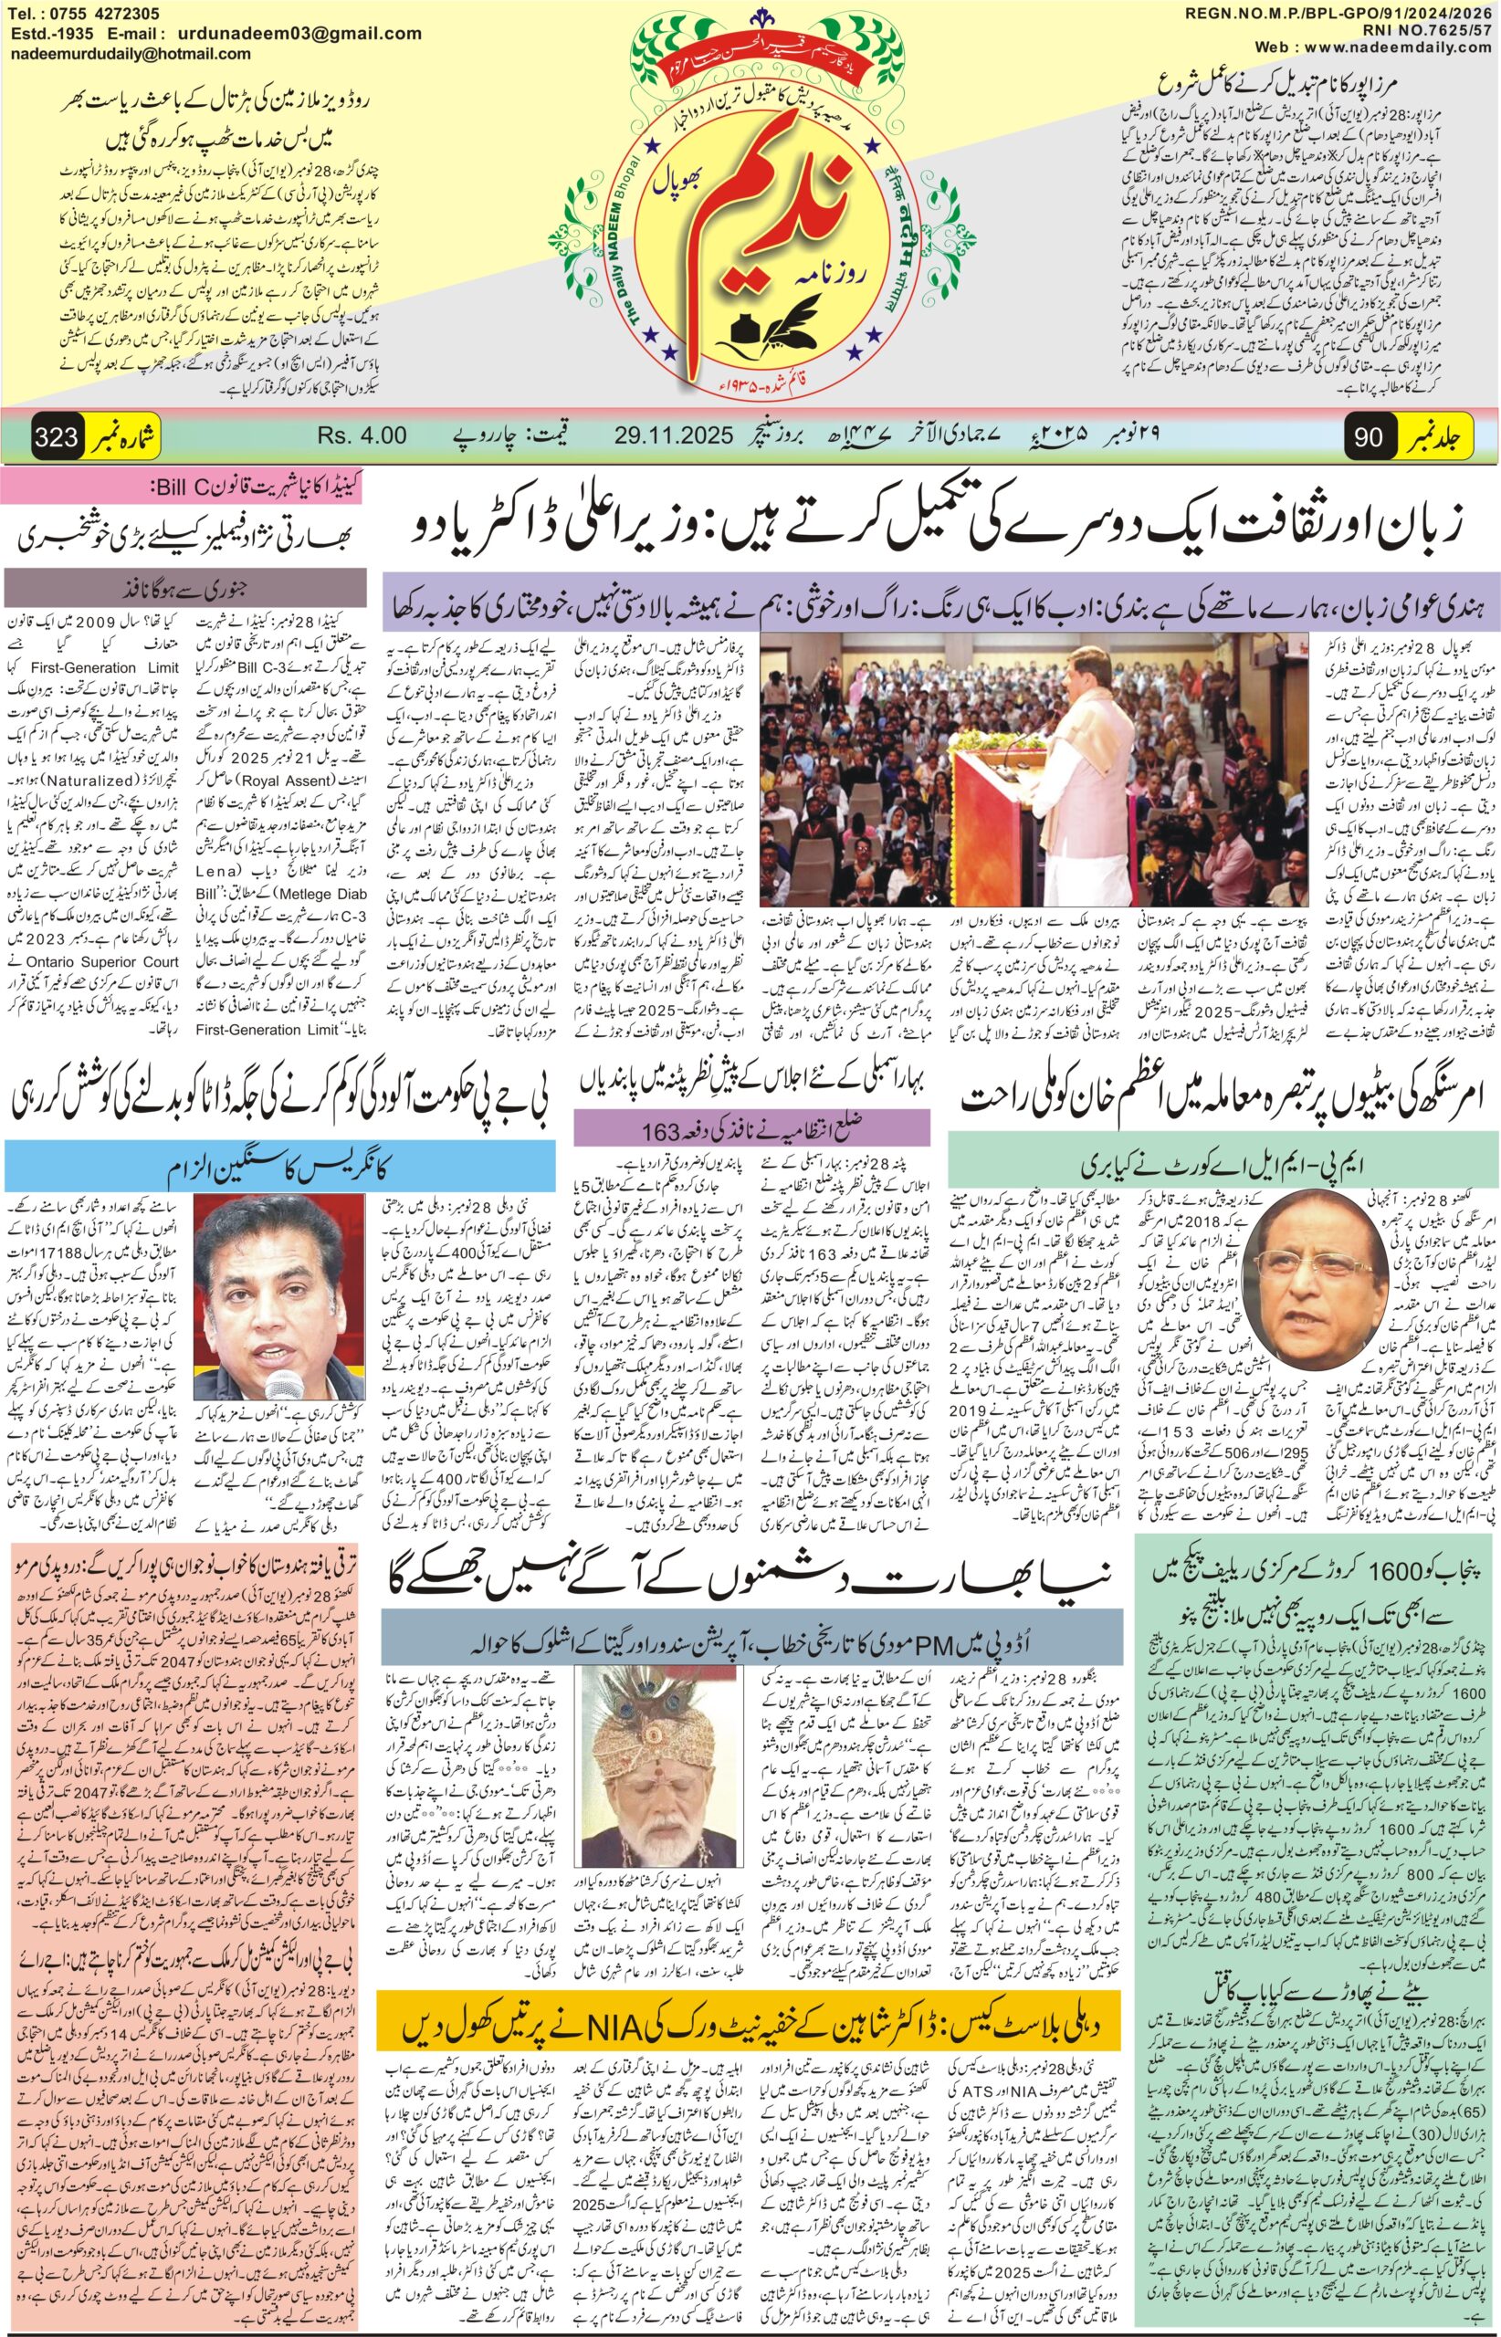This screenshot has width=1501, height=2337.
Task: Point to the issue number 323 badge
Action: tap(57, 436)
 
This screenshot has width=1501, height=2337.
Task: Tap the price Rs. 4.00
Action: tap(362, 435)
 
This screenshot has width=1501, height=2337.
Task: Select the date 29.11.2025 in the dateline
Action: tap(674, 435)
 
